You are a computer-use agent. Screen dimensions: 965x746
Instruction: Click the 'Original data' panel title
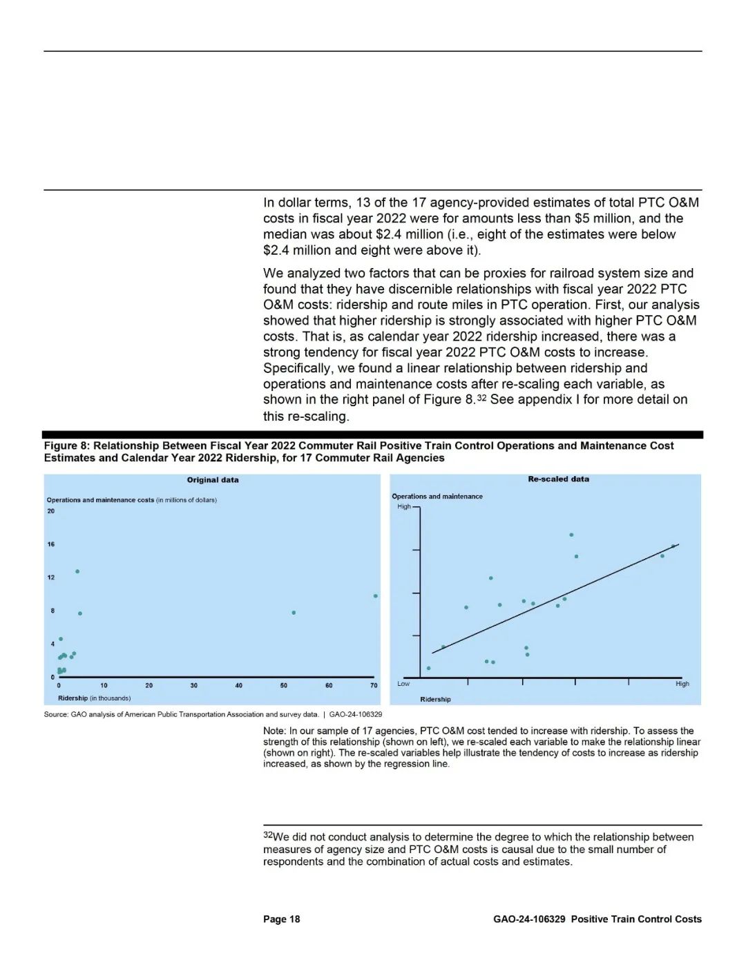213,480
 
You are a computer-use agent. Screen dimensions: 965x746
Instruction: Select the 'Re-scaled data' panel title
558,479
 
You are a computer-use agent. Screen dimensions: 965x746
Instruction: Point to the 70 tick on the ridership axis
374,685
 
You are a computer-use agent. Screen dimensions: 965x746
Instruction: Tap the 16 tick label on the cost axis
51,544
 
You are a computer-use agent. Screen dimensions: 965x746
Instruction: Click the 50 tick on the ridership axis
284,685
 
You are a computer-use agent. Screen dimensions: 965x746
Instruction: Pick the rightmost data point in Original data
375,596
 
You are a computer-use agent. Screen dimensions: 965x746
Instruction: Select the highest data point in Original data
77,571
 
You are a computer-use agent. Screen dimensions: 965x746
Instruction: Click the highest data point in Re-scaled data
571,535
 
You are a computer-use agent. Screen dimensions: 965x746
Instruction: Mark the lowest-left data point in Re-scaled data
428,668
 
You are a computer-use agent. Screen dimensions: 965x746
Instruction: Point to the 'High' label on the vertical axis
404,506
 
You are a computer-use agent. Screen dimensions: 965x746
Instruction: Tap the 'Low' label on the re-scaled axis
403,684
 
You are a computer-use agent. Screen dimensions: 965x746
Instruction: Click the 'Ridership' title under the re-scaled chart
435,700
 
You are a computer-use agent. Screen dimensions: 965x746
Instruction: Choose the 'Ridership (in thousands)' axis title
94,698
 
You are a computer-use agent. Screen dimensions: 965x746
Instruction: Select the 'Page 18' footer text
281,919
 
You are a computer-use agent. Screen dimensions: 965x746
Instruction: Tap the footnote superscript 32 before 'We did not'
267,835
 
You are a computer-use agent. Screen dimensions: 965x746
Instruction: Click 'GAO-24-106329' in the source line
356,714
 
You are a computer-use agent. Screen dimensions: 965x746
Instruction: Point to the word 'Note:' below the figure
275,731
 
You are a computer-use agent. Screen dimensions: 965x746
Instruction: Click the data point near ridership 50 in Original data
294,613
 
